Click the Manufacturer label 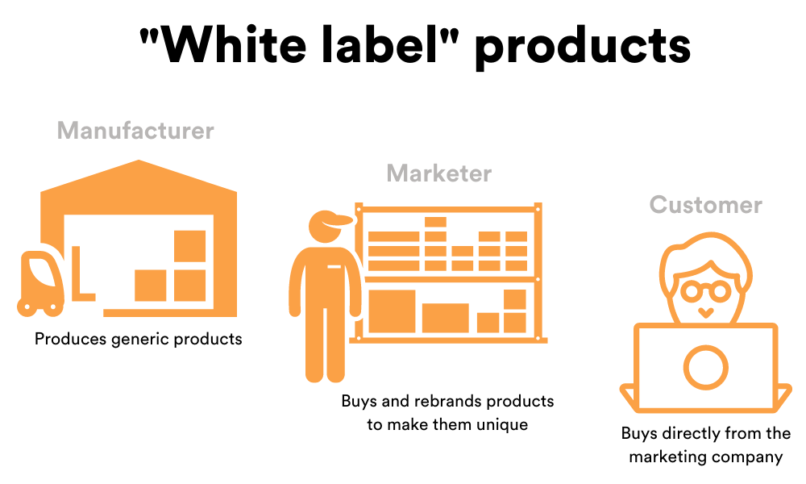[x=135, y=131]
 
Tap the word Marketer [x=438, y=173]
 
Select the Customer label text [x=705, y=205]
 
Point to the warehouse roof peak [x=140, y=164]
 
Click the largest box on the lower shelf [x=392, y=311]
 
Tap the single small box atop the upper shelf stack [x=435, y=222]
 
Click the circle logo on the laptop [x=705, y=367]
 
